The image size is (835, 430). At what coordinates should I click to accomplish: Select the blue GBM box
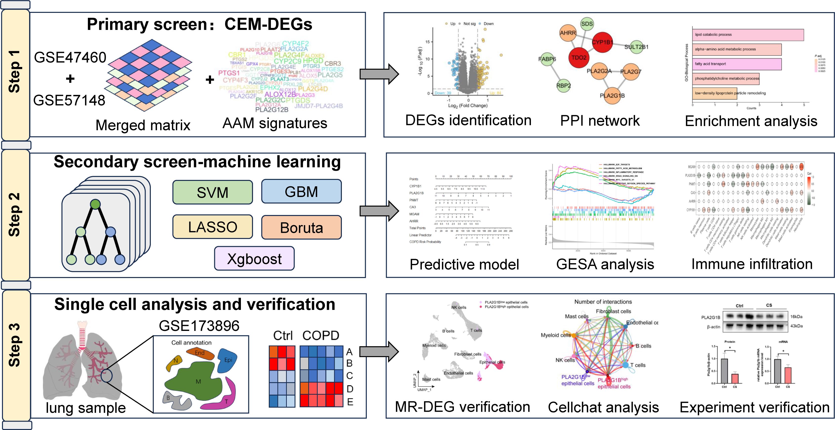pos(301,192)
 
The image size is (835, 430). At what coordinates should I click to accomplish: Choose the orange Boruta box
pos(301,228)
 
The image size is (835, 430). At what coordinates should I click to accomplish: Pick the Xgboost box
pos(254,259)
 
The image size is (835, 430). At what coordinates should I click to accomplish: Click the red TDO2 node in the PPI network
pos(579,57)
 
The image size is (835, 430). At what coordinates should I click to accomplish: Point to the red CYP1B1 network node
pos(602,42)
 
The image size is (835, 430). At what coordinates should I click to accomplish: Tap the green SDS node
pos(587,24)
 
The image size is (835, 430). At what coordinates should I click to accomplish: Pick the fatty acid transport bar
pos(737,64)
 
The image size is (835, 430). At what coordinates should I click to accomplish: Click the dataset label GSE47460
pos(70,57)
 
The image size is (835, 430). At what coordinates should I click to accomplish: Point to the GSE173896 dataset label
pos(199,325)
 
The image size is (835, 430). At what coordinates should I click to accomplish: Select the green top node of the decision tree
pos(95,204)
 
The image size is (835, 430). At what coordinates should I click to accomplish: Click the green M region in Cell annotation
pos(198,382)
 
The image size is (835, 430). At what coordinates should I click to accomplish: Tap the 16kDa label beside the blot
pos(796,316)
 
